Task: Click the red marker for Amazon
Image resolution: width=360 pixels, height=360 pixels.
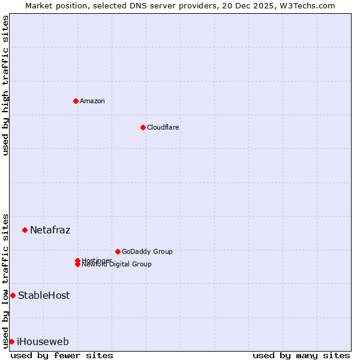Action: click(76, 101)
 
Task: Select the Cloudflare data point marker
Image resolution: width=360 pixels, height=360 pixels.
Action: click(143, 127)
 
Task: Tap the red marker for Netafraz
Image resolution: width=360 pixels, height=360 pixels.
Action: click(25, 230)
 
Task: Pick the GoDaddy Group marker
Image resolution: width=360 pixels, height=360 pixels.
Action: click(118, 251)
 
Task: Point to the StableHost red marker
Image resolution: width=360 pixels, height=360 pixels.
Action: click(13, 295)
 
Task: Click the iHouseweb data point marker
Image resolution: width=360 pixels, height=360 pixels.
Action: click(11, 341)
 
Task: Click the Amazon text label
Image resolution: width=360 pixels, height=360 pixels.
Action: click(92, 101)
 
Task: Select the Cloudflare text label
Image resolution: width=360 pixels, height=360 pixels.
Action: click(163, 127)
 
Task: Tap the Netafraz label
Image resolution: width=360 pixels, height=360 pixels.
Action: click(50, 230)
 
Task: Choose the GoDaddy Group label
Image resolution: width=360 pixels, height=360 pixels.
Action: click(147, 251)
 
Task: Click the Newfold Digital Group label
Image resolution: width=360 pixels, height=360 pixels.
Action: click(116, 265)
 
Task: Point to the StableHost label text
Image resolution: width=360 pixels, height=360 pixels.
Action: click(44, 295)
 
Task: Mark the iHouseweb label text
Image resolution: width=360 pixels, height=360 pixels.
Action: click(43, 341)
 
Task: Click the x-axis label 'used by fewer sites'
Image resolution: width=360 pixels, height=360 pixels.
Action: click(62, 355)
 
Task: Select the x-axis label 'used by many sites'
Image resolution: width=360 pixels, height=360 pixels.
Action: click(301, 355)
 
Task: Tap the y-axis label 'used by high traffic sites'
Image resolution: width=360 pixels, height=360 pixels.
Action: click(6, 85)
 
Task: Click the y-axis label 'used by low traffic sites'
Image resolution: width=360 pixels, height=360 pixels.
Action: click(6, 281)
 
